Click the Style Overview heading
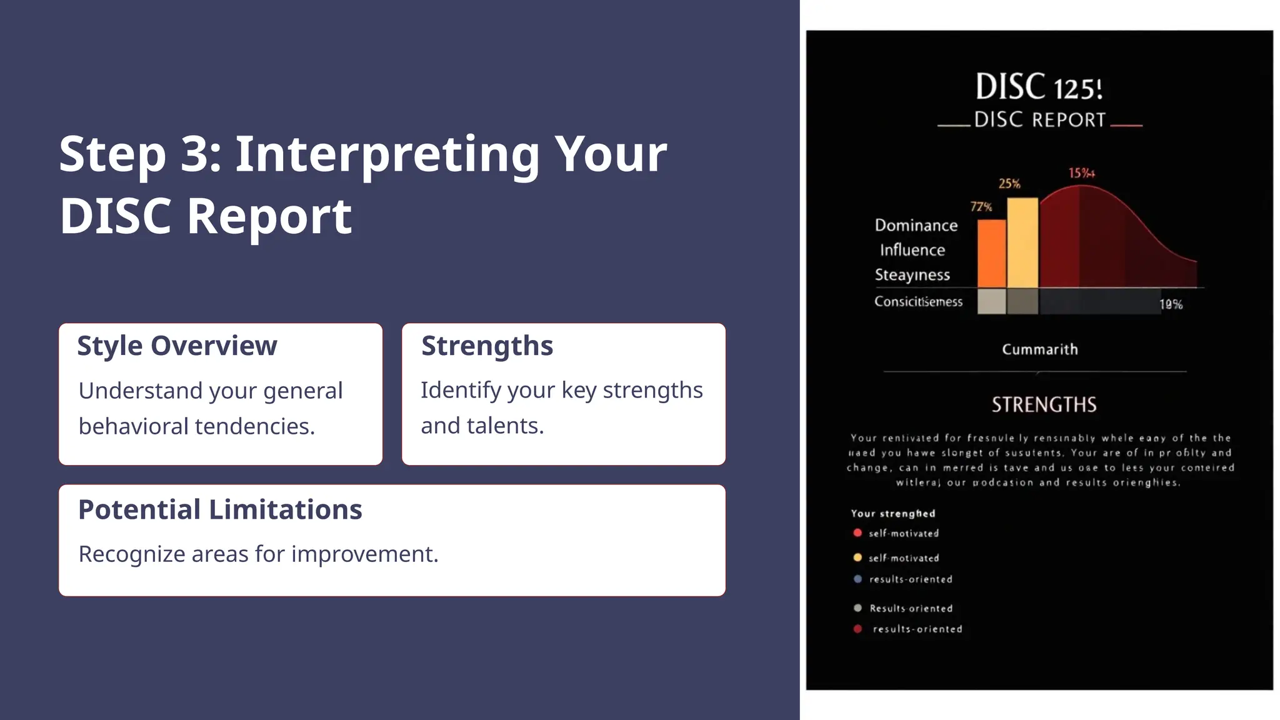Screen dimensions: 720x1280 pos(177,346)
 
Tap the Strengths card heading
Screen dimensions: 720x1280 pos(487,346)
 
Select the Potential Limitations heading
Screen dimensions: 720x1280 pos(220,509)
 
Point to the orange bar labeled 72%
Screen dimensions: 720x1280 pos(991,253)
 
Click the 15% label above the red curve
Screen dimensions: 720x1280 pos(1081,173)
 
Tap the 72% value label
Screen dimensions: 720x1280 pos(981,207)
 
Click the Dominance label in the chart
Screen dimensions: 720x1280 pos(916,225)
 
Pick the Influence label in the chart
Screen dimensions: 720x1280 pos(912,250)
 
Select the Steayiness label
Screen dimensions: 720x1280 pos(912,275)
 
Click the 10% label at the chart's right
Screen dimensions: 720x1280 pos(1171,304)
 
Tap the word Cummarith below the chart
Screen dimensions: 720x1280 pos(1040,349)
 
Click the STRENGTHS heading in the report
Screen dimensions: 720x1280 pos(1044,405)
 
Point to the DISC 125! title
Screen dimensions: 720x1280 pos(1039,87)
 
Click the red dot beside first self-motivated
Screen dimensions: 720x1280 pos(857,533)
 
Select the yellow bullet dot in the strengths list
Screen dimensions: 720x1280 pos(857,557)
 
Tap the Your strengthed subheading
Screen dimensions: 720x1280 pos(892,514)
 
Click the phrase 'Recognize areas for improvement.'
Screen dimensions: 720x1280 pos(258,554)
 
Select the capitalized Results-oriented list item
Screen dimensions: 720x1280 pos(911,609)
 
